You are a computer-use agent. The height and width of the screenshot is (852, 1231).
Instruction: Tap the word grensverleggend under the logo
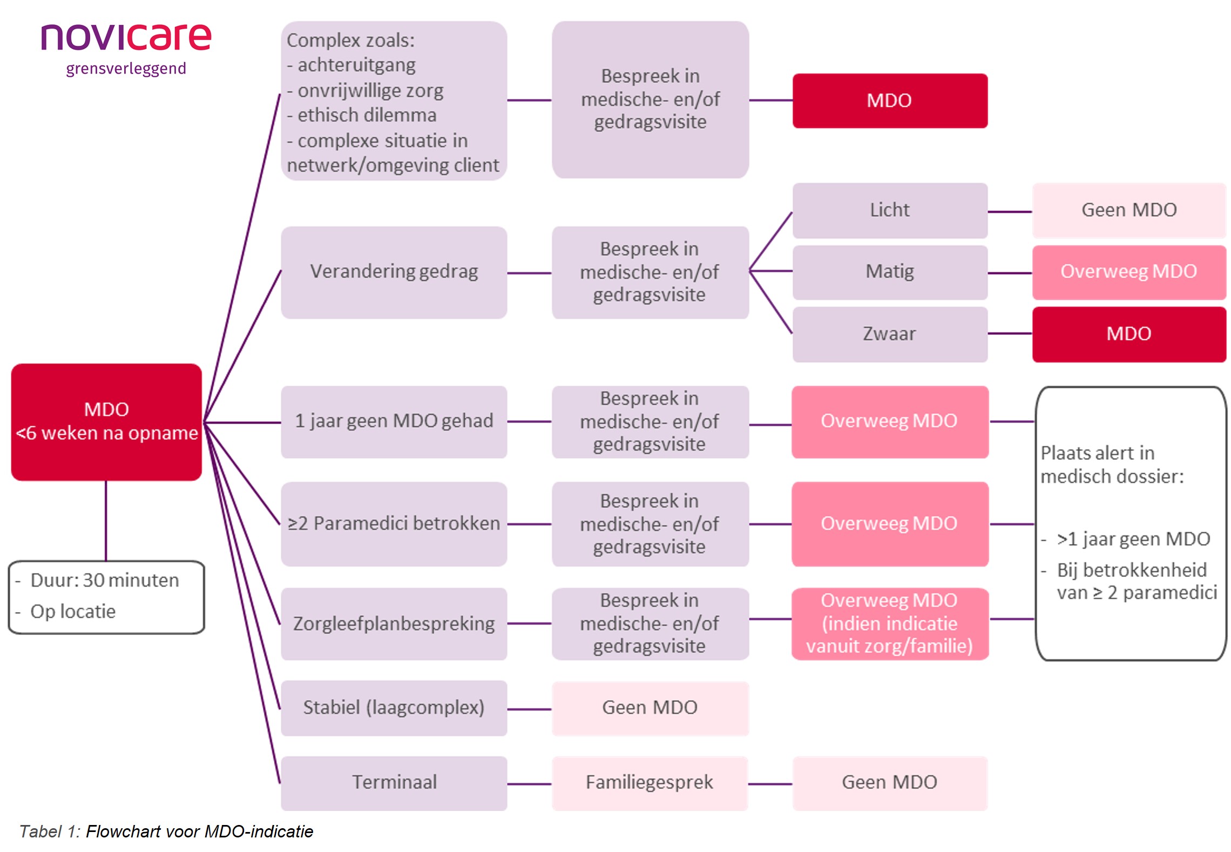point(126,69)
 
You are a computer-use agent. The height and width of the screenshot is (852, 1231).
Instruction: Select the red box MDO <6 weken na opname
point(106,421)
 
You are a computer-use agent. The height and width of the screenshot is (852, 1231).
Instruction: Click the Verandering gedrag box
point(394,272)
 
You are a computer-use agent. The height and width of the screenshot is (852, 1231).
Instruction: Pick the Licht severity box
point(889,210)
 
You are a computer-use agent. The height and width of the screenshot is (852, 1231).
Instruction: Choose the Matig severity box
point(889,272)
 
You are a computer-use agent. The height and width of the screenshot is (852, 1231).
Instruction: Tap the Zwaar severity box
point(889,334)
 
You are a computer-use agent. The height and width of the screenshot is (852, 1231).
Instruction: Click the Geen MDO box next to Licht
point(1128,210)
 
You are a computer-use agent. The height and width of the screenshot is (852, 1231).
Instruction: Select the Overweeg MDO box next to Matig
point(1128,272)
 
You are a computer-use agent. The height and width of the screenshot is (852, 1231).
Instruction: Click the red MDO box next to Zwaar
point(1128,334)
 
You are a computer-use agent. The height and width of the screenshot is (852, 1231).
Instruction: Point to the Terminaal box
point(394,782)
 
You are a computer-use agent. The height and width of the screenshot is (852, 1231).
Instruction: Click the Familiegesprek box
point(650,782)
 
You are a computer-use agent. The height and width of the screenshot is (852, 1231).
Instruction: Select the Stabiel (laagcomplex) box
point(394,708)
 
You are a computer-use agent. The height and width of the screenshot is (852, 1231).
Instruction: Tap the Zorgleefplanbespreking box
point(394,623)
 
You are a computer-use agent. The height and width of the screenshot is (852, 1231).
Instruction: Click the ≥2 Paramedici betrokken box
point(394,524)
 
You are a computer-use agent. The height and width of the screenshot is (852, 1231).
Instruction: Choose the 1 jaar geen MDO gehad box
point(394,421)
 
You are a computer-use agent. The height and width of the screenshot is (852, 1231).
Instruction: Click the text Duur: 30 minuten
point(104,580)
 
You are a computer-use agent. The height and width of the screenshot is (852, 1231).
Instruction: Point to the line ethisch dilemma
point(367,115)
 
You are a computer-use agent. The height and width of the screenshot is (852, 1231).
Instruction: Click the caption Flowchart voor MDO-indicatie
point(199,831)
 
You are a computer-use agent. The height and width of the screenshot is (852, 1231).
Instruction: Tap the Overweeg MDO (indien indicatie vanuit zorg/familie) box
point(889,623)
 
